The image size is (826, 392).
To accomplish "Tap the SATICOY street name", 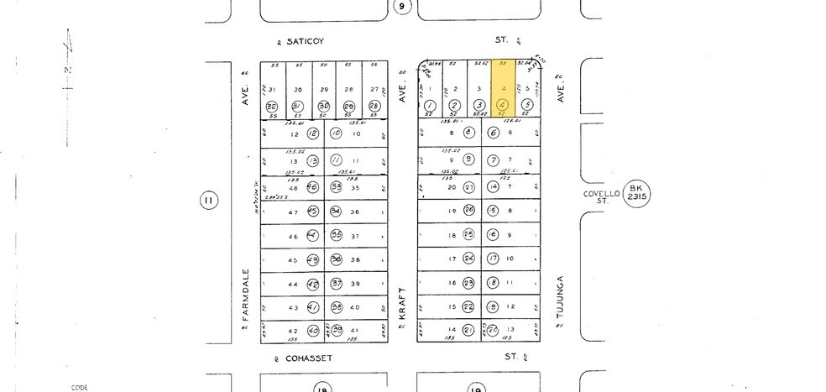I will point(305,40).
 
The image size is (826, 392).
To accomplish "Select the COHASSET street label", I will point(309,358).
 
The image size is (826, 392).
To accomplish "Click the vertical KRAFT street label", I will point(403,300).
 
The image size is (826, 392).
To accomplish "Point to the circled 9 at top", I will point(403,7).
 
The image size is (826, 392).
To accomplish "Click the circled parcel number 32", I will point(271,107).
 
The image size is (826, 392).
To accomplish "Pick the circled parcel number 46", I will point(312,188).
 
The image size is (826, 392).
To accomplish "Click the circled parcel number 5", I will point(526,106).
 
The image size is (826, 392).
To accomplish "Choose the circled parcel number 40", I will point(312,331).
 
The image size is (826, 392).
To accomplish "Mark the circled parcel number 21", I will point(469,330).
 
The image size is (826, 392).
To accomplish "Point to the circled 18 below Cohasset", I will point(322,388).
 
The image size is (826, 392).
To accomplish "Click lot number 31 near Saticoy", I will point(271,89).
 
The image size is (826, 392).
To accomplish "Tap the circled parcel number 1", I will point(430,106).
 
